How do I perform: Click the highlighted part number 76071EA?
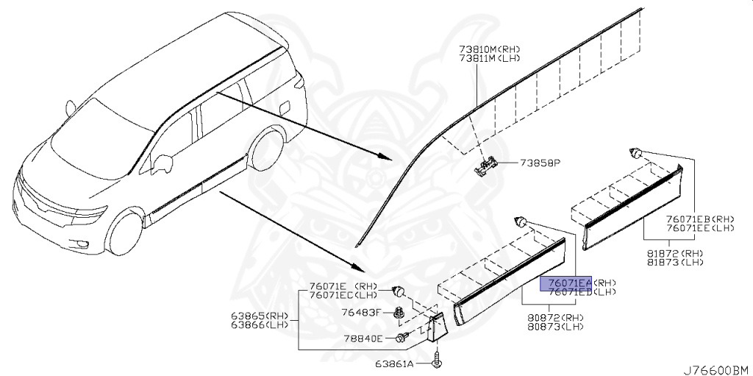click(566, 283)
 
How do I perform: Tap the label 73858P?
click(540, 163)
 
